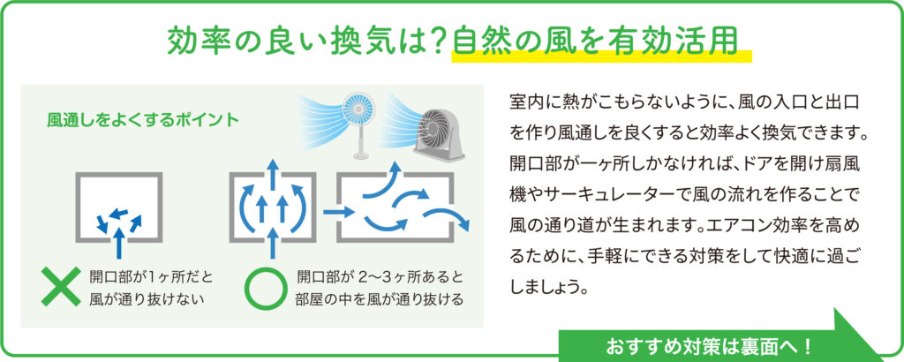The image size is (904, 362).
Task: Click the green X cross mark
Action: point(61,286)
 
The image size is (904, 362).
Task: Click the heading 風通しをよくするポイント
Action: point(143,120)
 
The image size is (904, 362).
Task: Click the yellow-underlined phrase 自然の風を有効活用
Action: point(596,41)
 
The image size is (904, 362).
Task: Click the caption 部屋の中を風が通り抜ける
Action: point(380,300)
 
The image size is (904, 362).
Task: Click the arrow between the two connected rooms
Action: point(338,212)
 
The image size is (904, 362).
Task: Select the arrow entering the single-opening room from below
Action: point(119,242)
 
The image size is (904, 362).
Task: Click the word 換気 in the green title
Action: point(368,41)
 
